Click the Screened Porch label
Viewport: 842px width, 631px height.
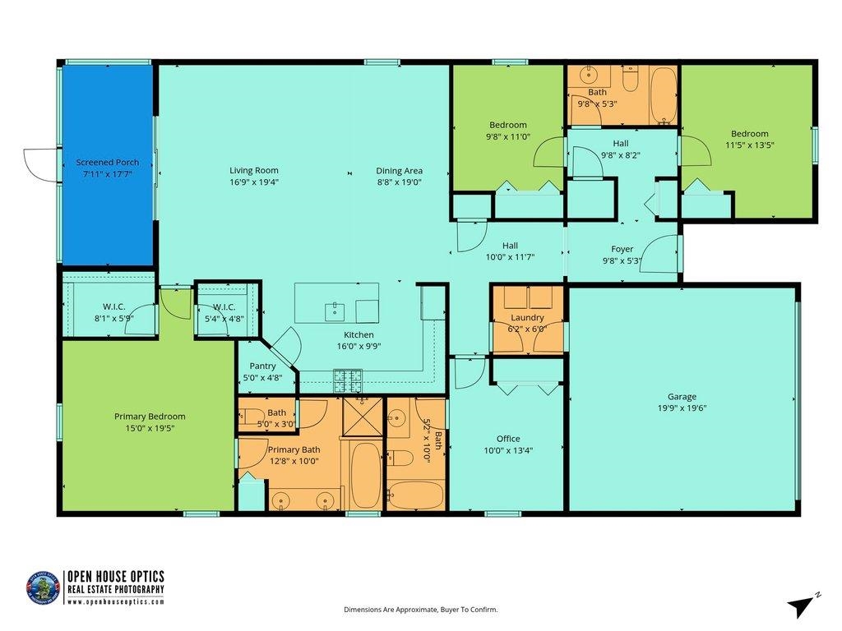108,163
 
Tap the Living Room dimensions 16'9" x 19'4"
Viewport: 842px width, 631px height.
254,182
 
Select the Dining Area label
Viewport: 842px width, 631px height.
400,171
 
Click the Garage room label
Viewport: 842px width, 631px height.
682,396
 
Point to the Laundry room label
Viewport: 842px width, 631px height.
527,318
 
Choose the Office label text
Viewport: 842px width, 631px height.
508,439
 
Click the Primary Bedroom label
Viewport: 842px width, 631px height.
150,417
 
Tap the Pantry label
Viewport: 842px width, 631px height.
263,366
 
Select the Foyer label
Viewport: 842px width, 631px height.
622,249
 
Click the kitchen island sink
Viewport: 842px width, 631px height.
335,310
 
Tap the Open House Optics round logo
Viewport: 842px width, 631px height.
44,588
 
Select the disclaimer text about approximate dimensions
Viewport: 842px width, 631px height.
420,610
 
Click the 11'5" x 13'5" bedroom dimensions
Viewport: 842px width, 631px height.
750,145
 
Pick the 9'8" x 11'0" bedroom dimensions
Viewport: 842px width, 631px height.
508,136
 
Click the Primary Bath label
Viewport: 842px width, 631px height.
294,449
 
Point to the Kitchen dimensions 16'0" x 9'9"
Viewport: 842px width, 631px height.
359,346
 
